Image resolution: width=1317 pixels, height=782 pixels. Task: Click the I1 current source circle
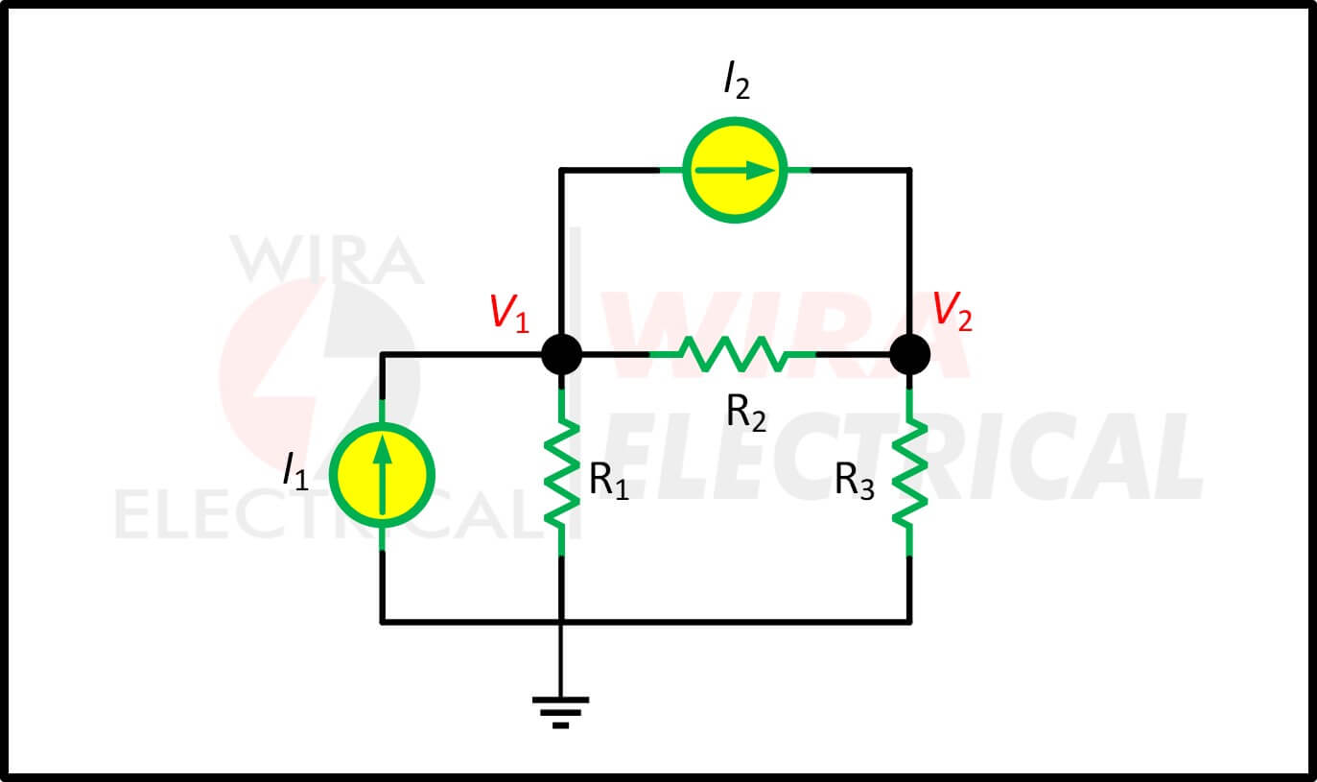pos(382,475)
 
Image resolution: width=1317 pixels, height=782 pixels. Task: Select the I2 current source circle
pos(735,170)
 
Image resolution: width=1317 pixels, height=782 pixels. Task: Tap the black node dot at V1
pos(561,355)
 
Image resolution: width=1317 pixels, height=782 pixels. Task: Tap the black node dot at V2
pos(909,355)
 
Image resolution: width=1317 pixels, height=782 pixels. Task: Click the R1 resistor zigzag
pos(561,472)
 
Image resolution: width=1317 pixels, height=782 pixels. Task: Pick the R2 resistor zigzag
pos(732,355)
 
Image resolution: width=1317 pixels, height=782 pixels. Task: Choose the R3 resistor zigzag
pos(909,472)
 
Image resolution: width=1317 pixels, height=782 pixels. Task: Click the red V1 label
pos(509,314)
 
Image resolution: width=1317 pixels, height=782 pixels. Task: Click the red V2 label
pos(952,311)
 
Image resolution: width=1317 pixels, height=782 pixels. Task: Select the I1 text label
pos(295,471)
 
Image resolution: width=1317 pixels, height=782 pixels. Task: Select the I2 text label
pos(737,80)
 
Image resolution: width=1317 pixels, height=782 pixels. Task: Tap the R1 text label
pos(609,481)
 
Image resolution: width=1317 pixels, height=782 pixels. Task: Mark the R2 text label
pos(746,413)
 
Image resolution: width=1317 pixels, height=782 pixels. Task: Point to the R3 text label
pos(855,481)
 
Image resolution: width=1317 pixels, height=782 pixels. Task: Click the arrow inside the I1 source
pos(382,474)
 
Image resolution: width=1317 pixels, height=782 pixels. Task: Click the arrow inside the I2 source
pos(735,171)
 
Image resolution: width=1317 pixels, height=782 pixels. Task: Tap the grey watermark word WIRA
pos(327,259)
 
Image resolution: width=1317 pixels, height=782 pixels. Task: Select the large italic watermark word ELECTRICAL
pos(903,456)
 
